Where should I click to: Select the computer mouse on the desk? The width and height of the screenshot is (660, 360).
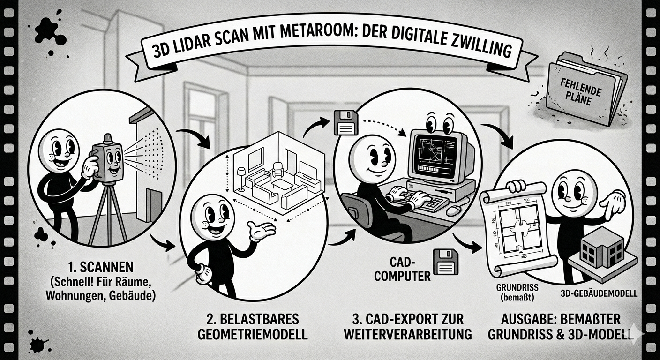(454, 210)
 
